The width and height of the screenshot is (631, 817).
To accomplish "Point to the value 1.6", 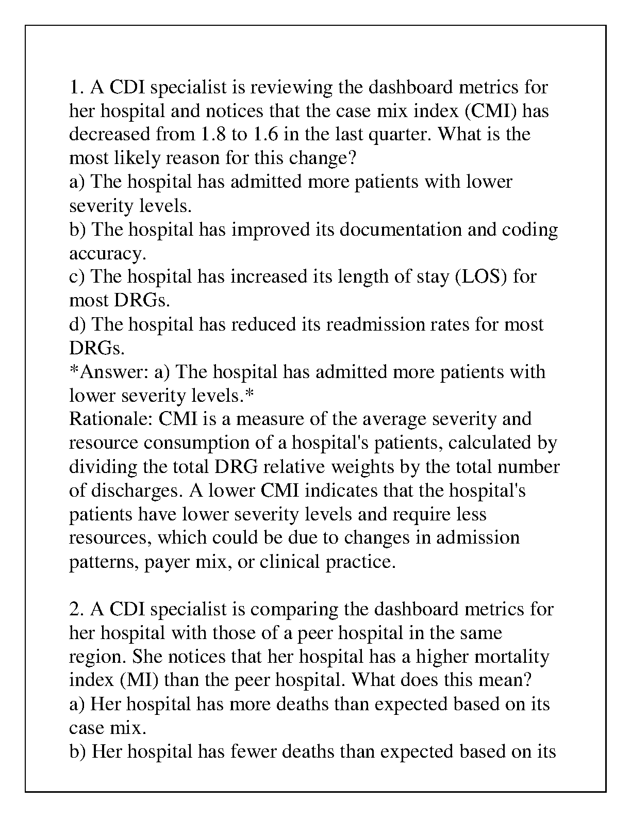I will coord(265,135).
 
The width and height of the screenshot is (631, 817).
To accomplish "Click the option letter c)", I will coord(78,277).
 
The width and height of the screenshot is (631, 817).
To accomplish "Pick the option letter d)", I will coord(78,324).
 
